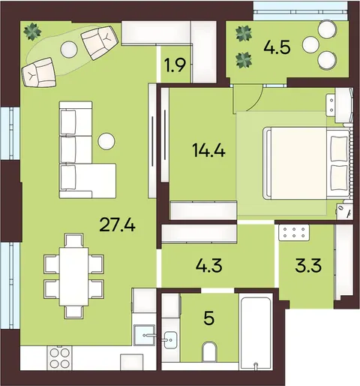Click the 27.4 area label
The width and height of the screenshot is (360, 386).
[117, 224]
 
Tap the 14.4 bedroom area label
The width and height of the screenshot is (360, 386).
[208, 151]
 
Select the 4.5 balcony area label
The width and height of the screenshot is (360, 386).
[277, 47]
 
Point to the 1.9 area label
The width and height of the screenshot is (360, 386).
[175, 65]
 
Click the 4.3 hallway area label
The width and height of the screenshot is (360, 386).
[208, 265]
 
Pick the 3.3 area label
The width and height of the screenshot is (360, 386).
[308, 265]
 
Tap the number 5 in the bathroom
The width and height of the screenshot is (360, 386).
[209, 318]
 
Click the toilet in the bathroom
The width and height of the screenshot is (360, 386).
[209, 351]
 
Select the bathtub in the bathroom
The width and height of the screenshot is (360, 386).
[255, 331]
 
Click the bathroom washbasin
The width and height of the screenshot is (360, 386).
[170, 339]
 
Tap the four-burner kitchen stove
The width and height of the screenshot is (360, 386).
[60, 358]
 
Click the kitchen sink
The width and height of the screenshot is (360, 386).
[144, 335]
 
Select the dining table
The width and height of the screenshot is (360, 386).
[73, 276]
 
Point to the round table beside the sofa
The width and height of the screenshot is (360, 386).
[106, 141]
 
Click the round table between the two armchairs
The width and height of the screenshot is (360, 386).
[69, 49]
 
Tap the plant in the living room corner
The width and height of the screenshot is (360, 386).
[32, 31]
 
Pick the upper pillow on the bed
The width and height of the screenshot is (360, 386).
[339, 149]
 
